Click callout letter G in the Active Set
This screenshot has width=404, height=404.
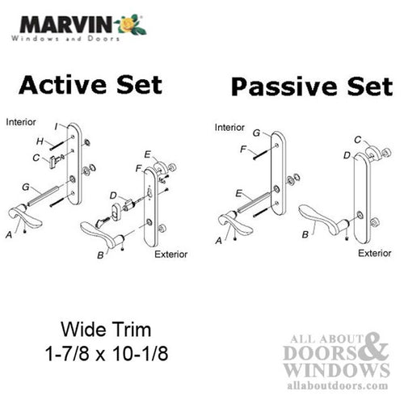pyautogui.click(x=26, y=187)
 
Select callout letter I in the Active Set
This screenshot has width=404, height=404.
pyautogui.click(x=56, y=125)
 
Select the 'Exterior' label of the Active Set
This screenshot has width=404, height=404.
pyautogui.click(x=170, y=255)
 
